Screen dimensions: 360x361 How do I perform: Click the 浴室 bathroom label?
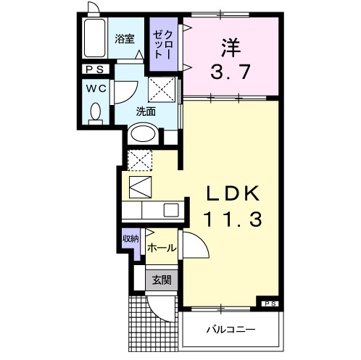[125, 40]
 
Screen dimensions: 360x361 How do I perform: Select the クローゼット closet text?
[160, 45]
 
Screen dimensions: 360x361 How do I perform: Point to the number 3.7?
[230, 72]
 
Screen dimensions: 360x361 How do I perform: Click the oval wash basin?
[141, 135]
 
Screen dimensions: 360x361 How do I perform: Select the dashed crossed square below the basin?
[140, 160]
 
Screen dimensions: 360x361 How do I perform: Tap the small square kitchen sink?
[171, 210]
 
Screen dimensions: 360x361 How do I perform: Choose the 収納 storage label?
[130, 238]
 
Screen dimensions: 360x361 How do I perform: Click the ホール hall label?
[162, 248]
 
